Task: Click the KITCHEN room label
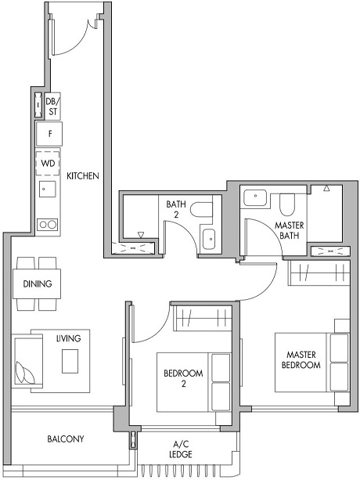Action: point(82,176)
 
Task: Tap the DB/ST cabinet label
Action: point(52,106)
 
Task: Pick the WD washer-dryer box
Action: point(48,164)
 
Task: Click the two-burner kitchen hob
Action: point(48,223)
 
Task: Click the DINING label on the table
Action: point(37,283)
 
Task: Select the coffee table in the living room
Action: point(71,361)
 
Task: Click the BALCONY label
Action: point(65,439)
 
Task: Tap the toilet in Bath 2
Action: point(203,211)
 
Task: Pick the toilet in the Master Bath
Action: point(286,204)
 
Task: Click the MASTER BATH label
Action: point(290,230)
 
